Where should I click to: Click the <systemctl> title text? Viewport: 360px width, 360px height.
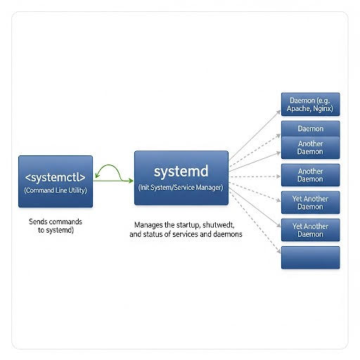point(56,177)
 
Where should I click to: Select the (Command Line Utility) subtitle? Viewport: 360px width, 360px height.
point(56,191)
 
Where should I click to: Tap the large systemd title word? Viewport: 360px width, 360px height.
point(181,171)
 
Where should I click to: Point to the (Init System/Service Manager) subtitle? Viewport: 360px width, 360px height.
point(181,188)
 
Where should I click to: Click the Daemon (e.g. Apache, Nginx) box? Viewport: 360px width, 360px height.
point(310,104)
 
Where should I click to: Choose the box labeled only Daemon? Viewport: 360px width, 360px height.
point(310,129)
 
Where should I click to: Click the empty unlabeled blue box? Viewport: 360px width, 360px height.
point(310,257)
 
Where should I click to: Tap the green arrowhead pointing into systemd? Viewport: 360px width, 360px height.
point(130,181)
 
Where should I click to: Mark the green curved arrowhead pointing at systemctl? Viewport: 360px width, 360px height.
point(98,176)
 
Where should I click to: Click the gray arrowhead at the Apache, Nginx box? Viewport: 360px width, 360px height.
point(278,112)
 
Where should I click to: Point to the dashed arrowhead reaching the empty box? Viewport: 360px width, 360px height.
point(278,251)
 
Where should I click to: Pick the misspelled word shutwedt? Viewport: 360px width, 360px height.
point(219,225)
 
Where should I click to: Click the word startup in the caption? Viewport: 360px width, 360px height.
point(188,225)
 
